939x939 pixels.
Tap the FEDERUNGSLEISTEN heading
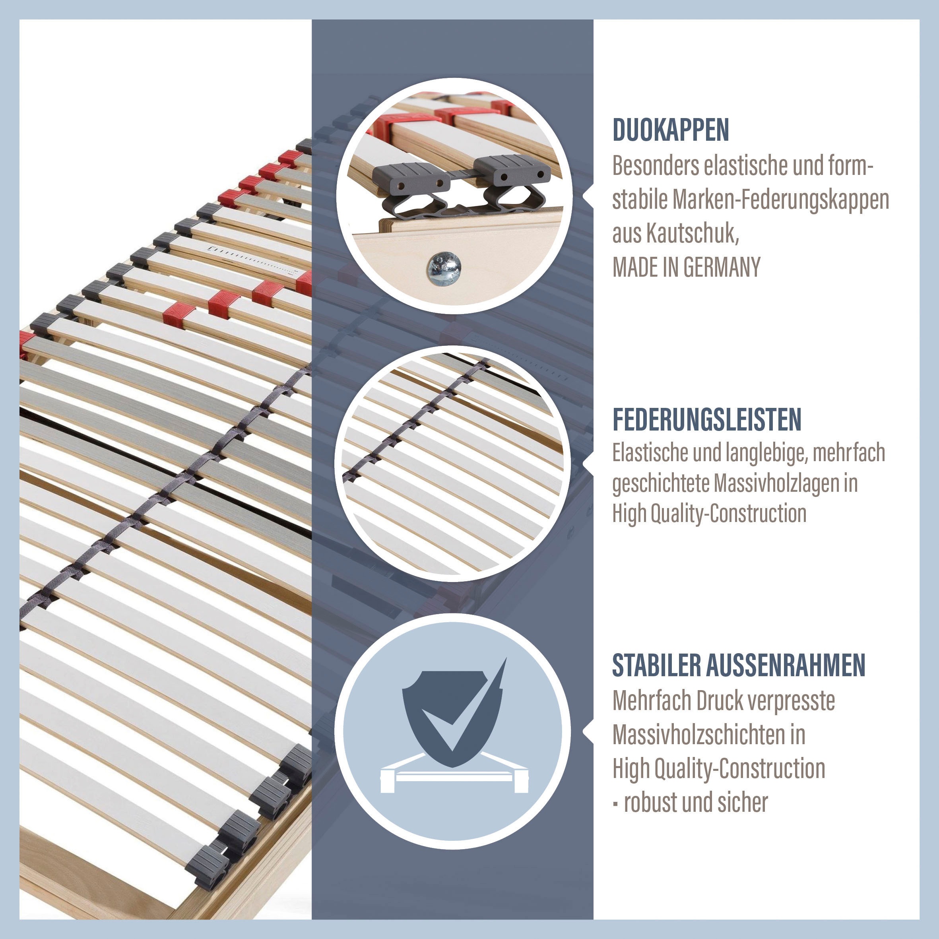coord(707,419)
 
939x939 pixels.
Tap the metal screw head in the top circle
coord(444,268)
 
